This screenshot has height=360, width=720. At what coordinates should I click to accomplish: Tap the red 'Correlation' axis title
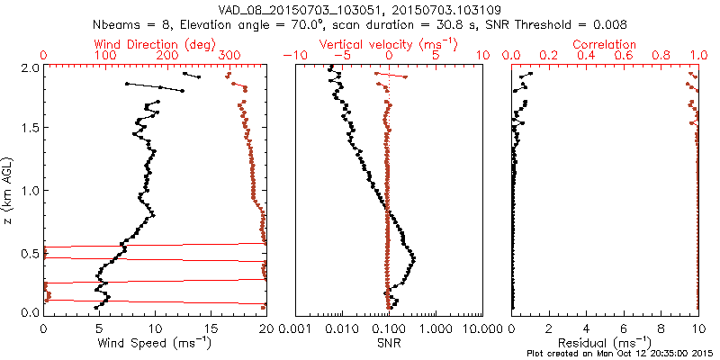[605, 44]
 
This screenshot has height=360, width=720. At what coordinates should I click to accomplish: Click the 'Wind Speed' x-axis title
[154, 342]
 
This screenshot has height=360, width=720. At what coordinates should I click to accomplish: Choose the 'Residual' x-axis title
[605, 342]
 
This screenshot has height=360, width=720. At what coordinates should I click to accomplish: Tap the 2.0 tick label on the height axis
[29, 68]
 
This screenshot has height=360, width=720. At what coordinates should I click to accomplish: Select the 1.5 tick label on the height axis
[29, 129]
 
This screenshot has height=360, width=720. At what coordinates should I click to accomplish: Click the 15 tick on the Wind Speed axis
[211, 328]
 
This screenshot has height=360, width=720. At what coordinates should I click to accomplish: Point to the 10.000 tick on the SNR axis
[479, 328]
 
